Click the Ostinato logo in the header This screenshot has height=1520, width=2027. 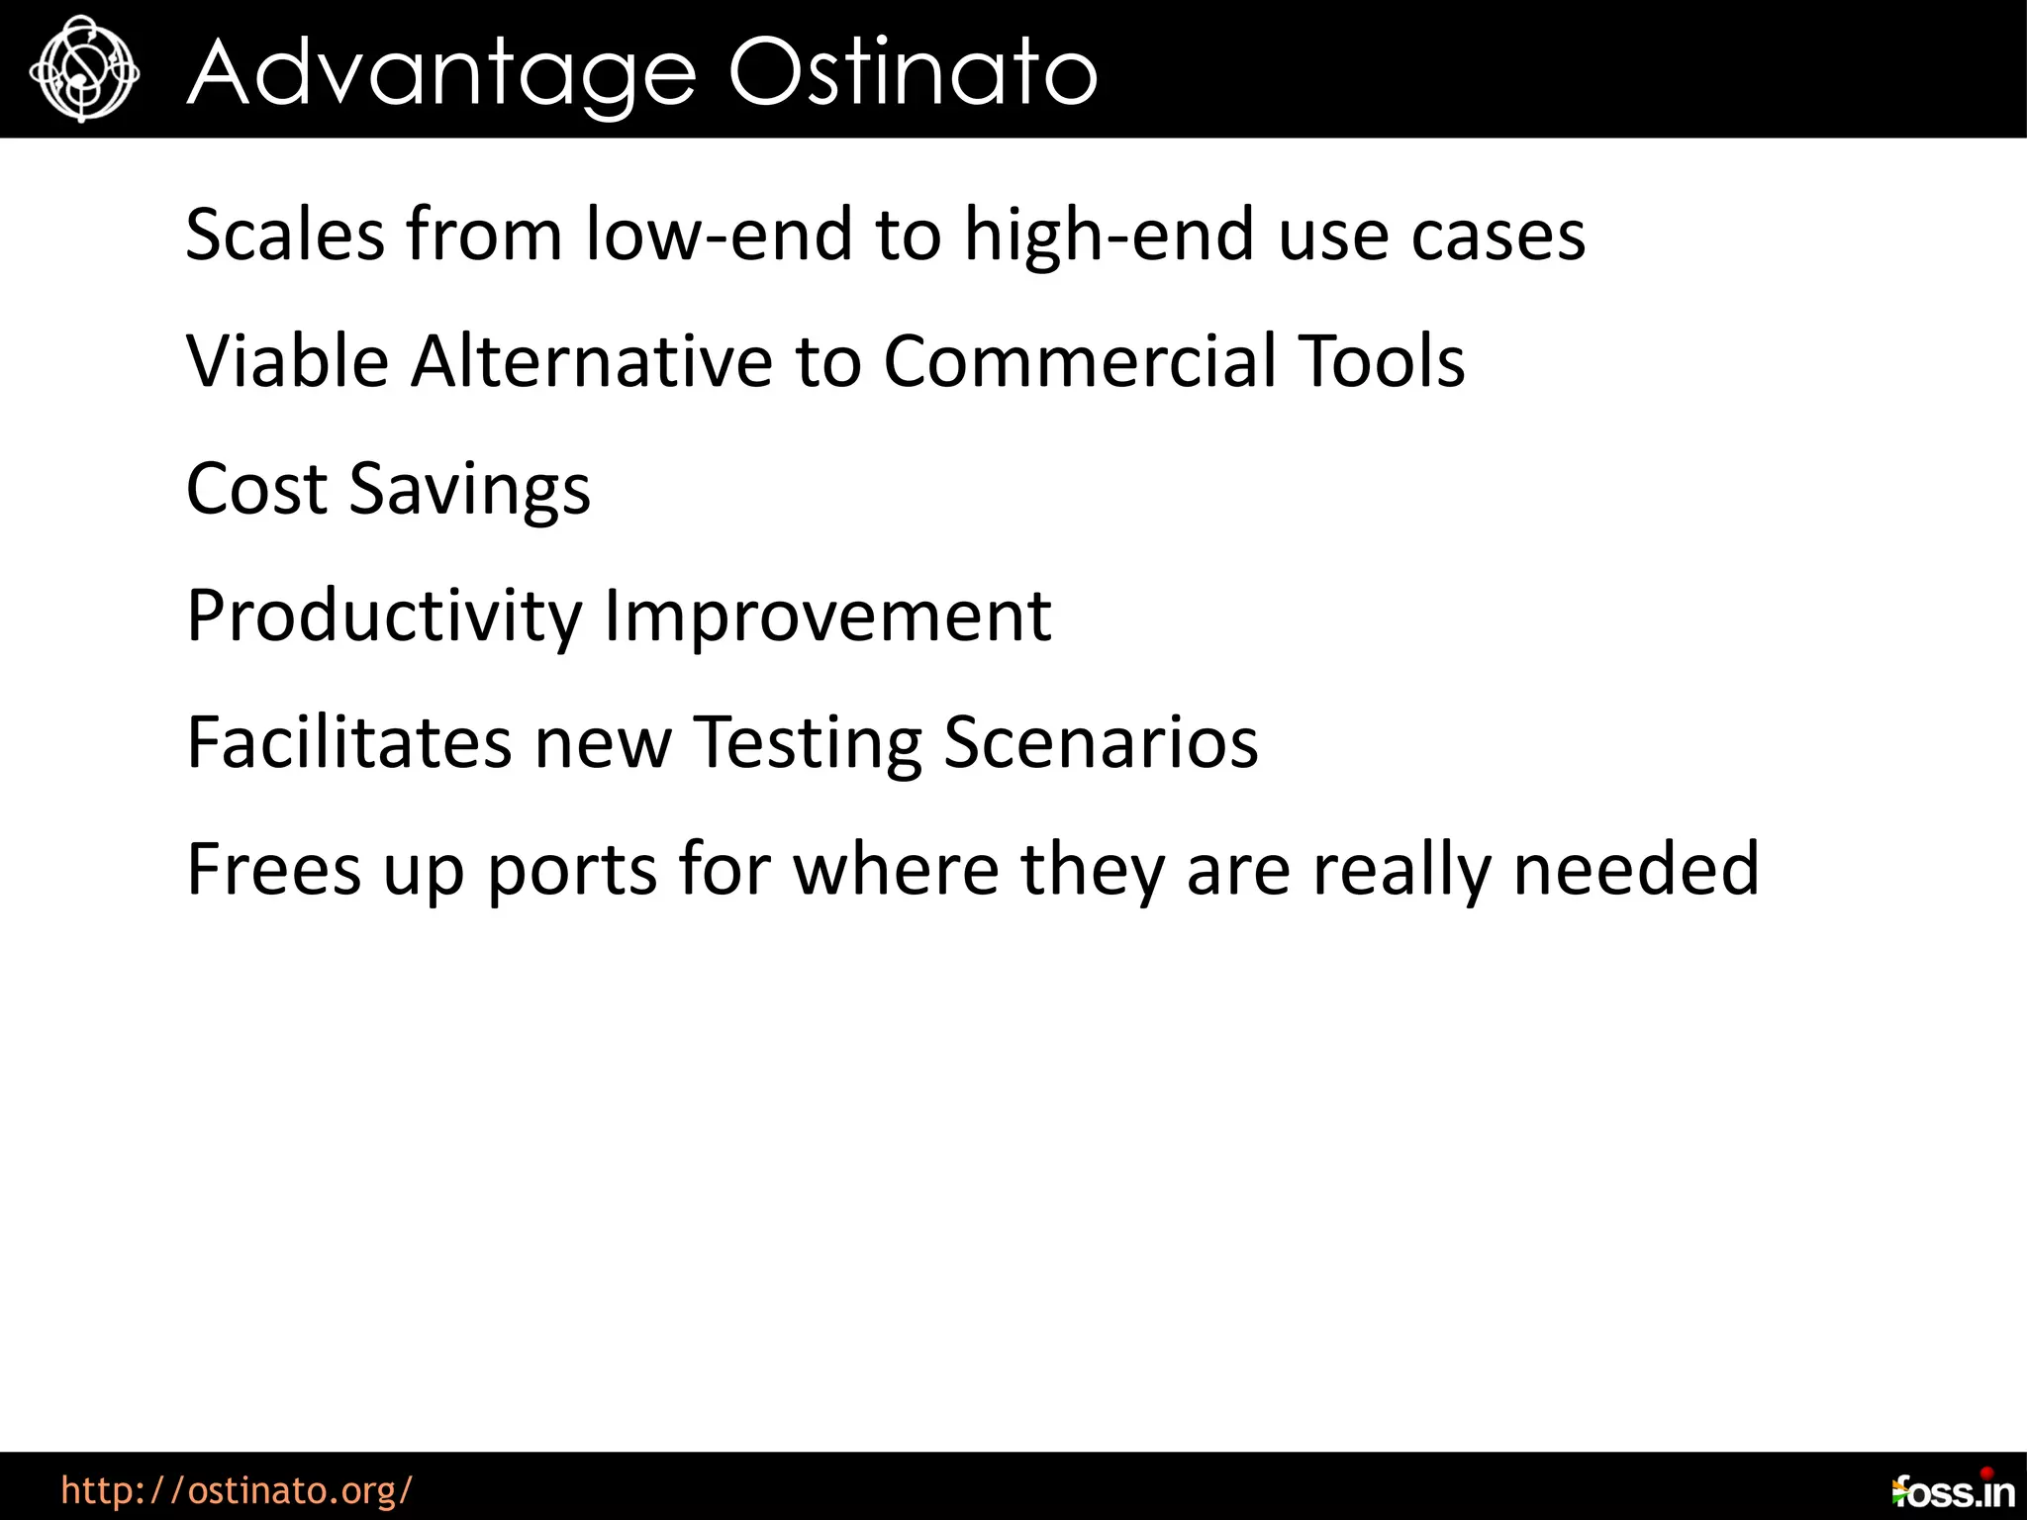84,69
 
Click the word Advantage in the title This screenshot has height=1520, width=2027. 441,73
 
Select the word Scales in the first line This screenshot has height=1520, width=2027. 285,236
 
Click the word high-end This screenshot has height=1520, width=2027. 1110,236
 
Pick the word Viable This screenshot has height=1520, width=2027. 287,362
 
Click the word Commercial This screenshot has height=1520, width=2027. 1078,362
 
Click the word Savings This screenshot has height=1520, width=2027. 470,491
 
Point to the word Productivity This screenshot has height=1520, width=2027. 384,617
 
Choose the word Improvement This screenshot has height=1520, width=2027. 827,617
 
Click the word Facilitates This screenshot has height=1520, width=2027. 349,742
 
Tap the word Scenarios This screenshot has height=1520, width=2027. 1101,742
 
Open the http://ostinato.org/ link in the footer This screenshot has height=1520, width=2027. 237,1490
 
